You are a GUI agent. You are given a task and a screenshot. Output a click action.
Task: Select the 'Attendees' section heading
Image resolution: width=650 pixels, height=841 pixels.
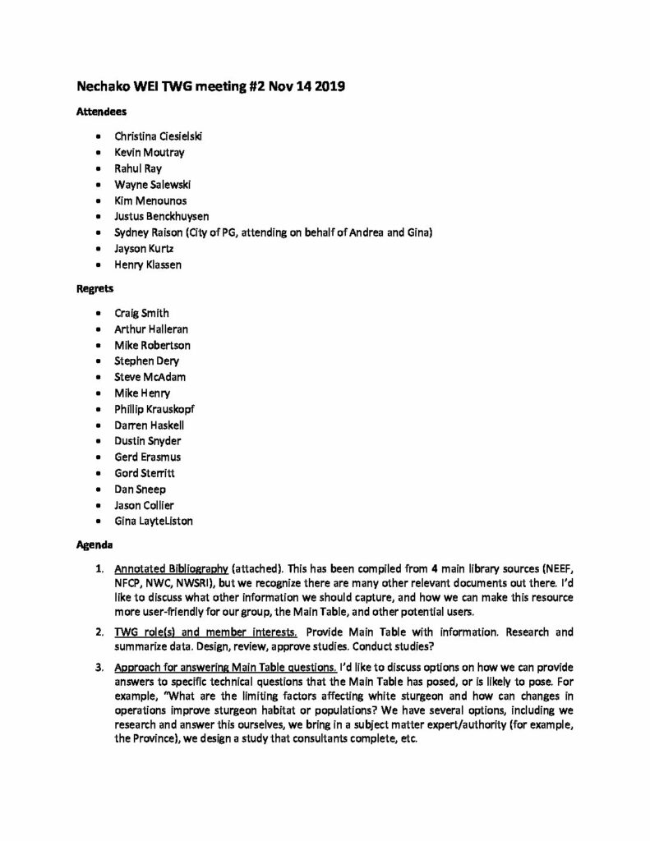coord(101,112)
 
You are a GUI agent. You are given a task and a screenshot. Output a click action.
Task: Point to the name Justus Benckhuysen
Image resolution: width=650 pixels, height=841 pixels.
coord(164,217)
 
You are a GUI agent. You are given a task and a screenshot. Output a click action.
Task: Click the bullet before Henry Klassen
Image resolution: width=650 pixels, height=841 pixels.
coord(99,265)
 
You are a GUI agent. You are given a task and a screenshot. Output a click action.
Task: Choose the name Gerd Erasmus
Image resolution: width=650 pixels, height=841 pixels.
coord(148,457)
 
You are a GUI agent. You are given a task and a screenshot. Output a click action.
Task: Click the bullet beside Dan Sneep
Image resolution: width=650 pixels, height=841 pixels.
coord(99,489)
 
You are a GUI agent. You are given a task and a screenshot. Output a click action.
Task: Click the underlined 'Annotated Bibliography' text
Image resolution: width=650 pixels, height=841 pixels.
coord(171,568)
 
